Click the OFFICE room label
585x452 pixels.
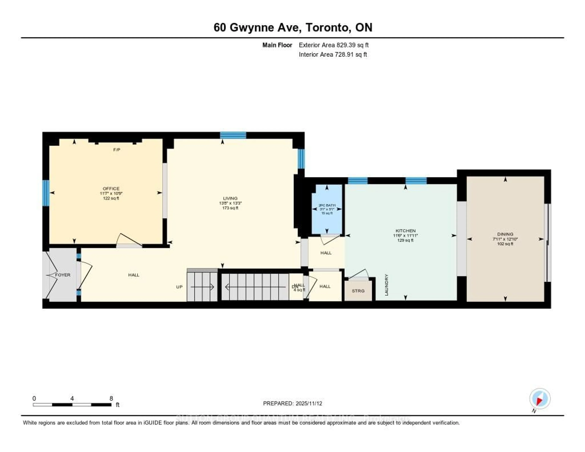click(111, 189)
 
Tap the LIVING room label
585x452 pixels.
click(230, 198)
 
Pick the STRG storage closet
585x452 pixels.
click(358, 291)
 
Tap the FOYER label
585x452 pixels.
click(63, 275)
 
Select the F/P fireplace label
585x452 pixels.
click(117, 150)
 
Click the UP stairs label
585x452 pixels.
click(179, 287)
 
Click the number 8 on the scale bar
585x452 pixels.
click(111, 398)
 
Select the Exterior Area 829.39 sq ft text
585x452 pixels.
click(333, 45)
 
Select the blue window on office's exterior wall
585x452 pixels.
click(46, 193)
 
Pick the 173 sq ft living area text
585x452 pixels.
click(230, 208)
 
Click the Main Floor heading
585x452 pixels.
click(277, 45)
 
